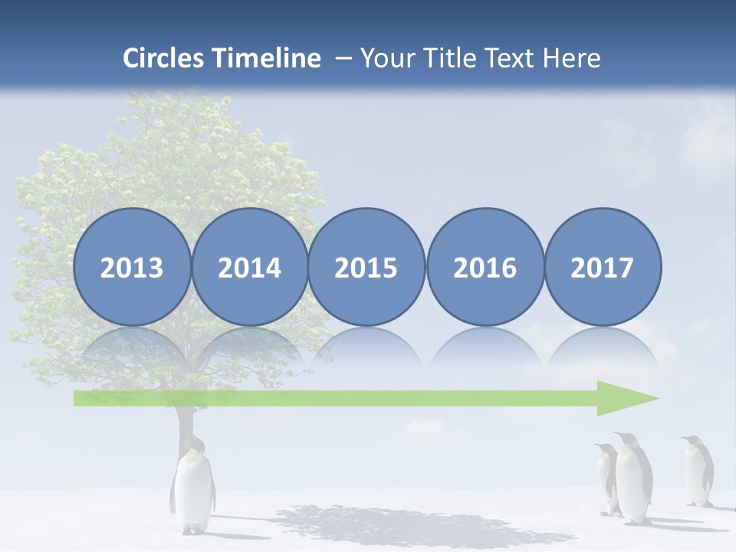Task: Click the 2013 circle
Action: [132, 267]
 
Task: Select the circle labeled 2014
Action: [250, 267]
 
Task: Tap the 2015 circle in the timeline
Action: [366, 267]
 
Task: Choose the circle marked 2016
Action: [485, 267]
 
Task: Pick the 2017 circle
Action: [603, 267]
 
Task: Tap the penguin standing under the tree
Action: [192, 491]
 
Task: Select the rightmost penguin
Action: [698, 472]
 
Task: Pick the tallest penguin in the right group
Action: [633, 479]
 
